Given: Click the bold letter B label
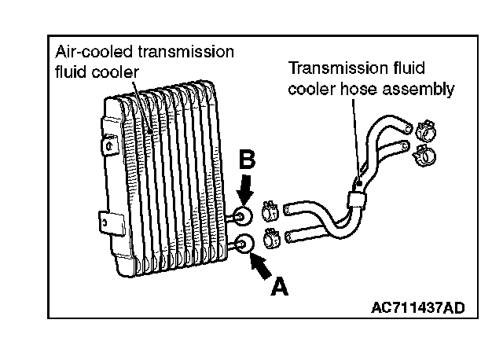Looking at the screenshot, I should pyautogui.click(x=247, y=160).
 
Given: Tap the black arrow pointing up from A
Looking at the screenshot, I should pyautogui.click(x=259, y=264).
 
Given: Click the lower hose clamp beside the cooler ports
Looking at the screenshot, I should pyautogui.click(x=269, y=234).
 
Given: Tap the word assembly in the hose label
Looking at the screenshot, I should pyautogui.click(x=417, y=89).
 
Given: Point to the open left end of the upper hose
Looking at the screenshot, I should pyautogui.click(x=288, y=210).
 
